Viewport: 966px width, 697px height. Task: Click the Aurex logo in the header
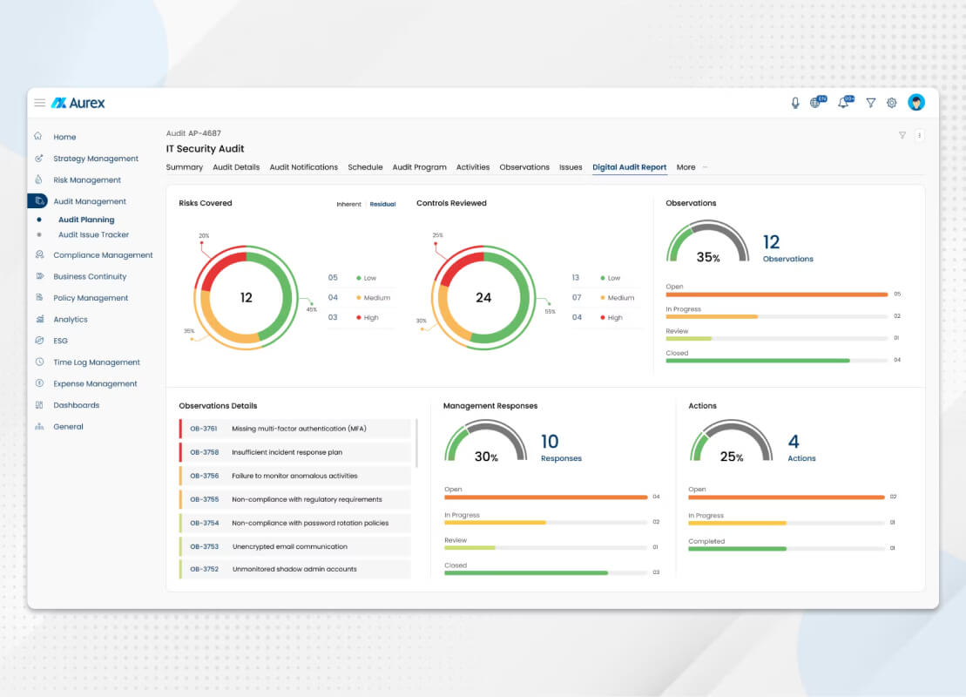coord(78,103)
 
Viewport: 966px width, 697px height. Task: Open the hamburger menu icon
coord(39,103)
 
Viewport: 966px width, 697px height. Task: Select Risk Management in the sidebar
coord(87,180)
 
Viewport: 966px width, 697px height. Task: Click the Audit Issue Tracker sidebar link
coord(94,234)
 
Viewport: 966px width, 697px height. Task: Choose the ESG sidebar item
coord(60,341)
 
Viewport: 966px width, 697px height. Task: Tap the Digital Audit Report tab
coord(629,167)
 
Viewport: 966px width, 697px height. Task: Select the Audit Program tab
coord(420,167)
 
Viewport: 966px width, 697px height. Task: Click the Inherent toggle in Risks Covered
coord(348,204)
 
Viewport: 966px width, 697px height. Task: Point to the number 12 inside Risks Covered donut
coord(246,298)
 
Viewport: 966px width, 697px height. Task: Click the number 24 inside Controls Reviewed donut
coord(483,298)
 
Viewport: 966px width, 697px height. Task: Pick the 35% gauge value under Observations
coord(708,257)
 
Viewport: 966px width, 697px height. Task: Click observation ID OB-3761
coord(203,429)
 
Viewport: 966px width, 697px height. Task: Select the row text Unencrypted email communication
coord(289,546)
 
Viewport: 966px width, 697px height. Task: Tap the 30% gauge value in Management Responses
coord(486,457)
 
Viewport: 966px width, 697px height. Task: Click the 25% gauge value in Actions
coord(732,457)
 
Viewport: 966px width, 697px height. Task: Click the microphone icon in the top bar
coord(795,103)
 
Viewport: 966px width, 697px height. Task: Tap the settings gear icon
coord(891,103)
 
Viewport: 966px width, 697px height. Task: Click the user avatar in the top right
coord(916,102)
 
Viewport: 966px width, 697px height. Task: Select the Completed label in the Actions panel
coord(706,542)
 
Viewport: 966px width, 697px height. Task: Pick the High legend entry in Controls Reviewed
coord(611,317)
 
